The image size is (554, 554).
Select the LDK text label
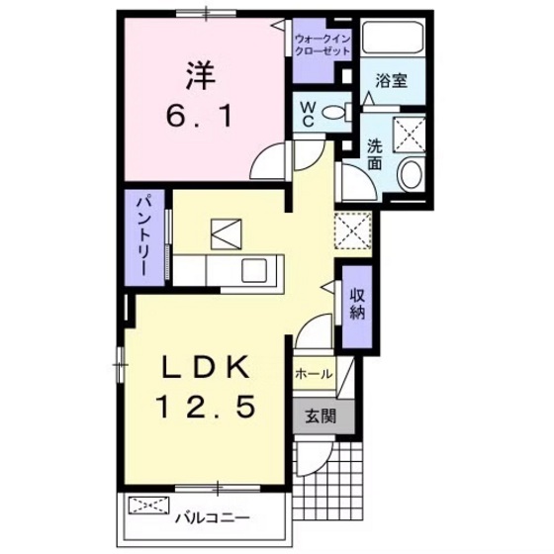tap(205, 368)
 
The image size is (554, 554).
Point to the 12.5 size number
tap(206, 406)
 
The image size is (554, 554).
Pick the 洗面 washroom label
tap(375, 153)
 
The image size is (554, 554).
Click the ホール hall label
tap(313, 374)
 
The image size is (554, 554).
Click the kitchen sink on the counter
tap(259, 268)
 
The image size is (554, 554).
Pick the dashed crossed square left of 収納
tap(352, 231)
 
